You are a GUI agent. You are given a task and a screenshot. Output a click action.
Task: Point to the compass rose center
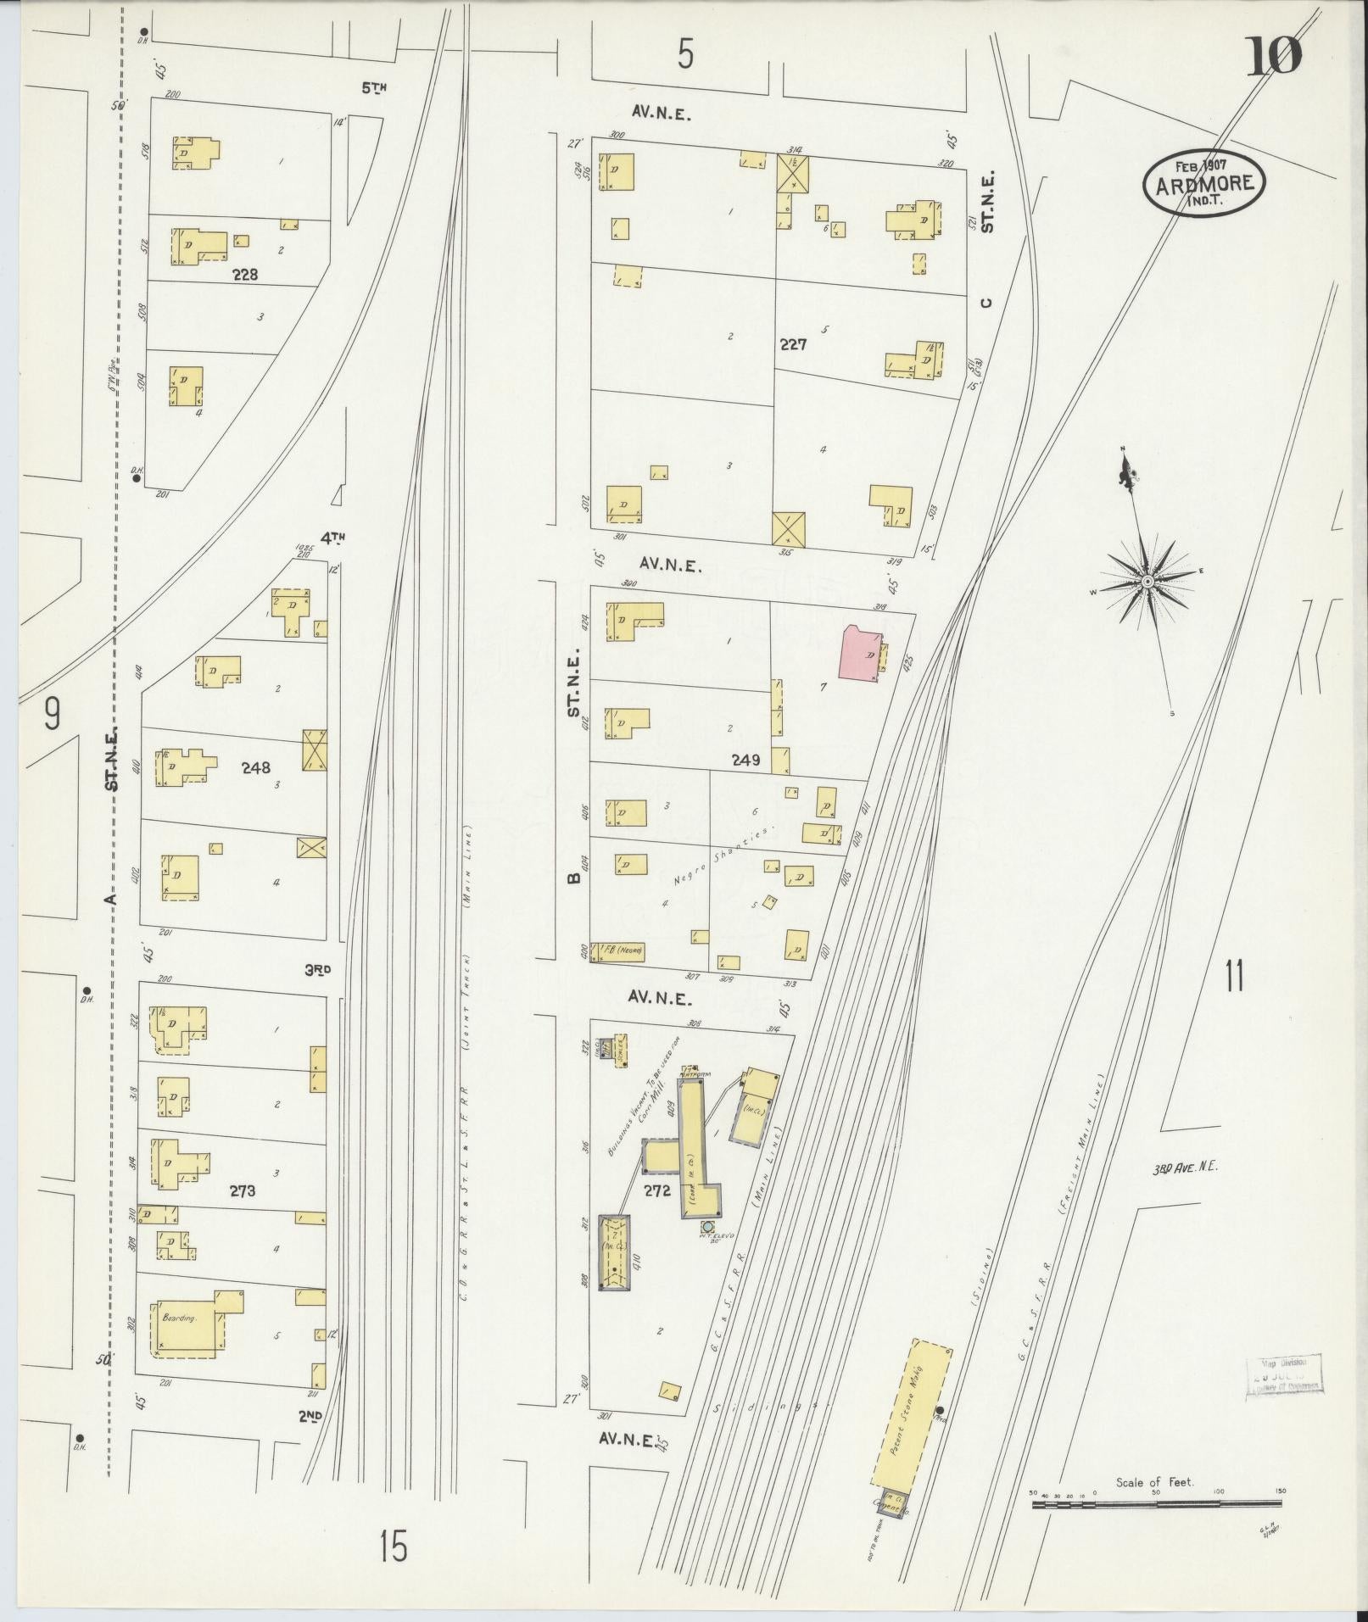click(1147, 581)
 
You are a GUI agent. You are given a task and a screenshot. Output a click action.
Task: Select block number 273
click(243, 1191)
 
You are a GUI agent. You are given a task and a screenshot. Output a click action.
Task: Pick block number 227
click(795, 345)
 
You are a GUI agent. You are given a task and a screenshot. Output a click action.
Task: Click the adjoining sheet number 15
click(394, 1546)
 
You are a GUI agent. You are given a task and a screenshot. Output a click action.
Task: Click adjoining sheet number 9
click(53, 716)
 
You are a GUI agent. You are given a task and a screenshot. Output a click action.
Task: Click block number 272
click(656, 1190)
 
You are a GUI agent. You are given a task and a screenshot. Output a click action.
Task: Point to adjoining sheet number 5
click(685, 56)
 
